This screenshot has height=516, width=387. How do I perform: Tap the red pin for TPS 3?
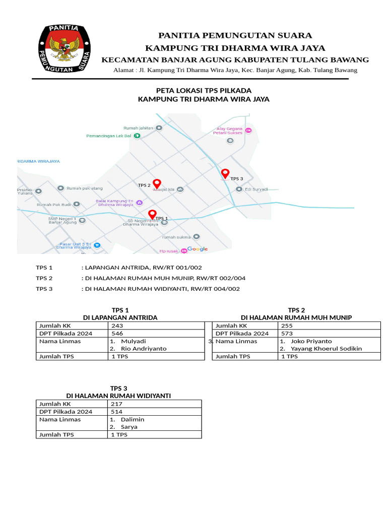[225, 174]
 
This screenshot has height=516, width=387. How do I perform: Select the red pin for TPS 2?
[157, 183]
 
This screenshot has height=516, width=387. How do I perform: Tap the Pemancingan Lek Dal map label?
[108, 136]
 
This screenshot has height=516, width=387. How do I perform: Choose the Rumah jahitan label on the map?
[138, 128]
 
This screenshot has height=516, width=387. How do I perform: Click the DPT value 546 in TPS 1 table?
[117, 334]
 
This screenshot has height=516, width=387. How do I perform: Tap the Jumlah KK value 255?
[286, 326]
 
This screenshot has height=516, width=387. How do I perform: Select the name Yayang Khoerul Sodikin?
[326, 349]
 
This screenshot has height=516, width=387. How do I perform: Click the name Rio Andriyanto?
[144, 349]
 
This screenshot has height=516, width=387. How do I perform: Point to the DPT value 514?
[116, 412]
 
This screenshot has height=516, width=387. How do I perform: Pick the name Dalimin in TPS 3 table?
[133, 419]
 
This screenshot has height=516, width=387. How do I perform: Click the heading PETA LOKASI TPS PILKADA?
[204, 90]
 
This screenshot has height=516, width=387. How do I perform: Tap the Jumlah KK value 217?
[116, 404]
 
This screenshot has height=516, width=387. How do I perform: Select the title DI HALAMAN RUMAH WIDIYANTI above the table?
[118, 396]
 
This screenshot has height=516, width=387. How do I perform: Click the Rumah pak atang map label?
[84, 188]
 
